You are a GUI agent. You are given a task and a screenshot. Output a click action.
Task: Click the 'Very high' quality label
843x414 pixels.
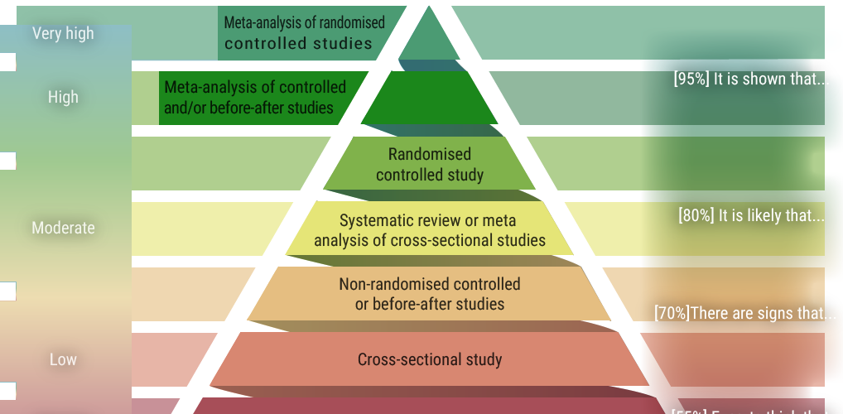click(63, 34)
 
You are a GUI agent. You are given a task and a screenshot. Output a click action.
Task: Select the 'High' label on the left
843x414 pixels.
click(63, 97)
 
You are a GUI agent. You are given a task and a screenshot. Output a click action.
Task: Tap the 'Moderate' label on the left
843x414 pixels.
click(63, 228)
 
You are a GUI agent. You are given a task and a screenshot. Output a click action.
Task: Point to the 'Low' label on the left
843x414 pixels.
click(63, 359)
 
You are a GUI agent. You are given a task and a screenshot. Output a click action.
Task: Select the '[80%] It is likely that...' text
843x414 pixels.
click(751, 215)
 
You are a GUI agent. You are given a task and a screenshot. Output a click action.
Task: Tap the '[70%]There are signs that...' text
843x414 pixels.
click(745, 313)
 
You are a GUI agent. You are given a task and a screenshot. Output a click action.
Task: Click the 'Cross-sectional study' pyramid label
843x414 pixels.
click(430, 359)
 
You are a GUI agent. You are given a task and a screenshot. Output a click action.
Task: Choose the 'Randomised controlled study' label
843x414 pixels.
click(430, 165)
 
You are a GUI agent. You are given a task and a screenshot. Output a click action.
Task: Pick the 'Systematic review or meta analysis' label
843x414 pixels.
click(430, 230)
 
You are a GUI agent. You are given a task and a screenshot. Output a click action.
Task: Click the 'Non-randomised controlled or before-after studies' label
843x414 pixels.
click(430, 294)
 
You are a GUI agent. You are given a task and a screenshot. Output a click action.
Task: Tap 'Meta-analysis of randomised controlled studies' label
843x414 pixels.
click(304, 33)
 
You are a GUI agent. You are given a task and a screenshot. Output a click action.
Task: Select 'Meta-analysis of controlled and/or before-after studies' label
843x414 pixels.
click(255, 97)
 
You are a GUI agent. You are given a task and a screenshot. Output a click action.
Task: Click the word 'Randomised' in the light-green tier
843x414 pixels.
click(430, 154)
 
